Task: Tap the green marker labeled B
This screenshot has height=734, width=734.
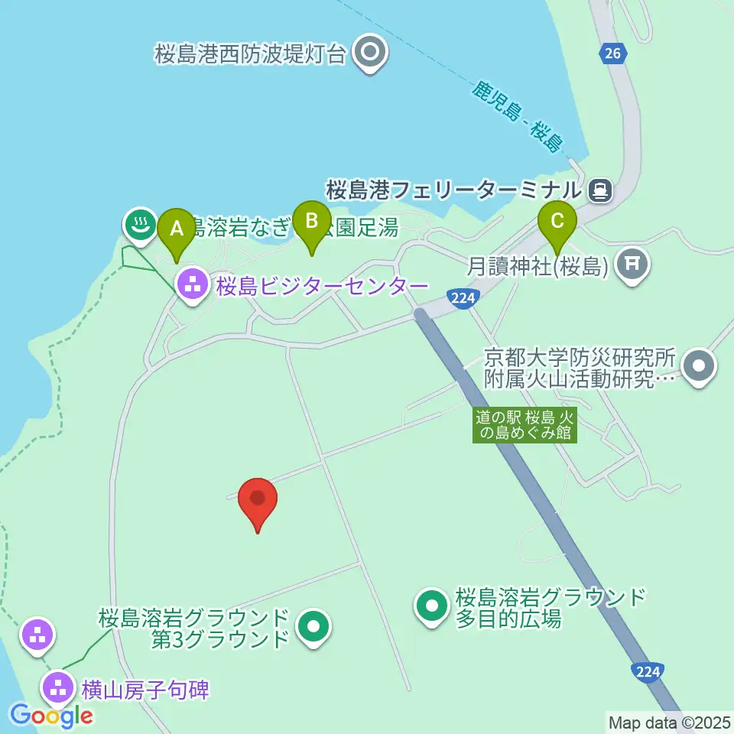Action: pyautogui.click(x=311, y=221)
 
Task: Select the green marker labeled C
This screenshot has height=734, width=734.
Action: pyautogui.click(x=557, y=222)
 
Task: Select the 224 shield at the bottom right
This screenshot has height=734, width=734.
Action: pyautogui.click(x=647, y=671)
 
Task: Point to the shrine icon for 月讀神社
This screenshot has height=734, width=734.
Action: pyautogui.click(x=632, y=265)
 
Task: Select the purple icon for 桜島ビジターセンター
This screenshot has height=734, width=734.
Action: pyautogui.click(x=191, y=284)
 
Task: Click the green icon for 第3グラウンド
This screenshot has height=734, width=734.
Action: pyautogui.click(x=313, y=628)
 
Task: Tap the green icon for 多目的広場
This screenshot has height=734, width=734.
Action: pyautogui.click(x=432, y=607)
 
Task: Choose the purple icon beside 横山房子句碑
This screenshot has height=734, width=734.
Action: pyautogui.click(x=58, y=687)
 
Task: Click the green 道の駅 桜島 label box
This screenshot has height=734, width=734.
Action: pyautogui.click(x=525, y=424)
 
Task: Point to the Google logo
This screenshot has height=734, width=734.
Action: pyautogui.click(x=52, y=716)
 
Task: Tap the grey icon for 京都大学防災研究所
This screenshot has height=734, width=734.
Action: pyautogui.click(x=699, y=366)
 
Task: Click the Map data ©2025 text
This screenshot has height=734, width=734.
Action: pyautogui.click(x=670, y=722)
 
